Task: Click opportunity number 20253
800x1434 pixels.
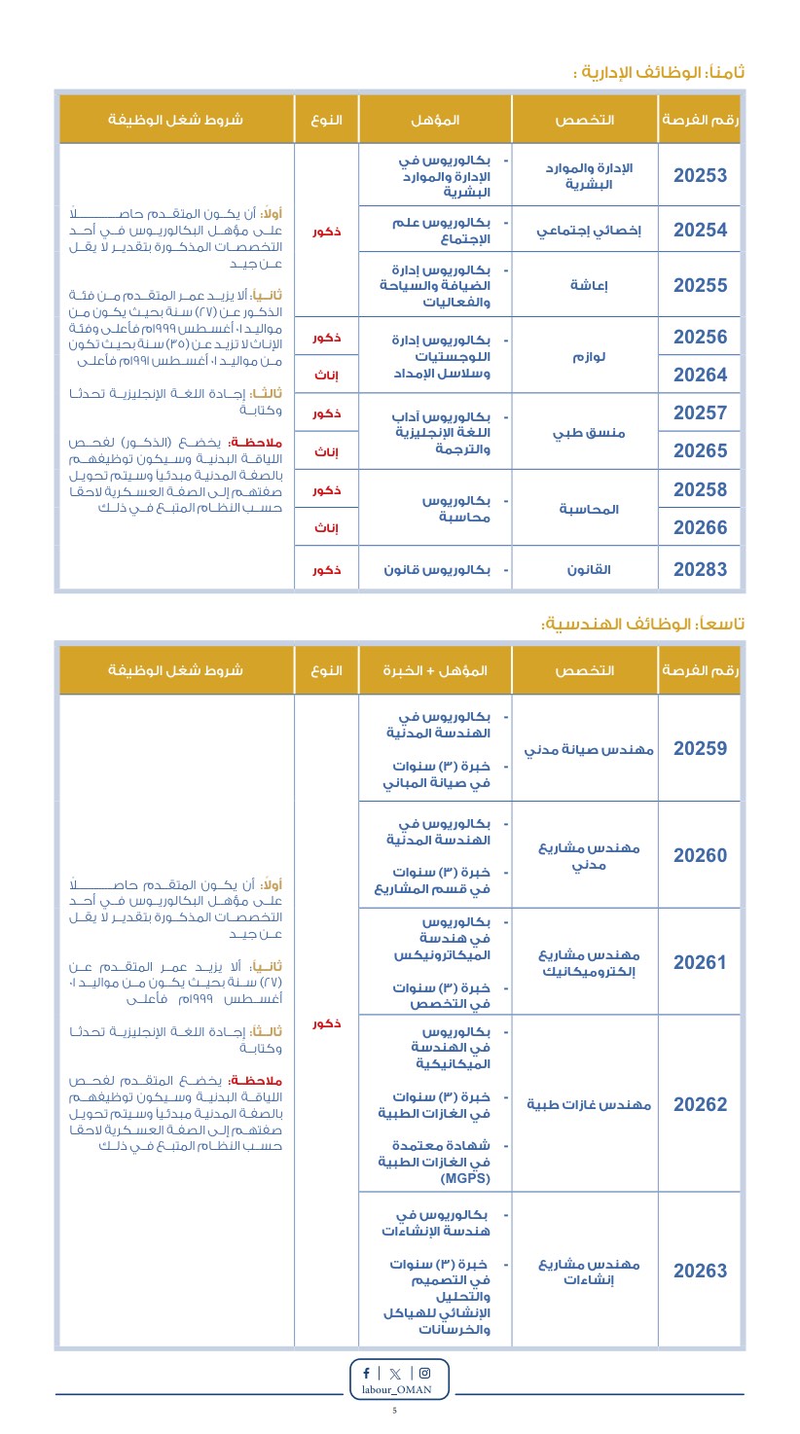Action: click(x=700, y=175)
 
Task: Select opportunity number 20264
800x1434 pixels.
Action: click(x=700, y=375)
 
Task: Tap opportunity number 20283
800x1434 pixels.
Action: click(x=700, y=569)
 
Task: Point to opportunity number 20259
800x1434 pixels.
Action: click(x=700, y=748)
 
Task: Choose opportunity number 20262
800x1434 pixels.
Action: click(x=700, y=1104)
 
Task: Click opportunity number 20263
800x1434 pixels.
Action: click(x=700, y=1271)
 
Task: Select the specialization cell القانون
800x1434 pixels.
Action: click(x=590, y=569)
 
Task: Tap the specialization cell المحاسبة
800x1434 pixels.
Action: click(x=590, y=509)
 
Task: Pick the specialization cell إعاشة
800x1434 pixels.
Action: click(x=589, y=285)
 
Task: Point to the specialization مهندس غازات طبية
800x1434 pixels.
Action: click(x=590, y=1104)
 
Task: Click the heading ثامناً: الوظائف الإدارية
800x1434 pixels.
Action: click(x=659, y=72)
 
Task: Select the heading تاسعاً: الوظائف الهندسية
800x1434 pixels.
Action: click(x=642, y=623)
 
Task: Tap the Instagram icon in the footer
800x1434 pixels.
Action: click(x=424, y=1373)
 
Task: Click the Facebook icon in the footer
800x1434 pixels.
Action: click(x=366, y=1373)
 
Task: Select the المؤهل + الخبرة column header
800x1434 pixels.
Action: click(x=435, y=670)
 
